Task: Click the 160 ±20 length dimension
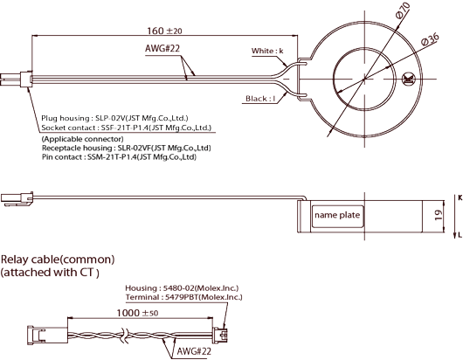coord(164,31)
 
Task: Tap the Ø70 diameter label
coord(403,10)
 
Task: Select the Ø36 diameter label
coord(430,39)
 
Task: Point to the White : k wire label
coord(267,51)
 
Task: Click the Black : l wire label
coord(260,99)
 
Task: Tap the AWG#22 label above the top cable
coord(162,48)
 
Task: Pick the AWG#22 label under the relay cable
coord(194,351)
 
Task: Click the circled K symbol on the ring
coord(409,80)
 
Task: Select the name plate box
coord(337,217)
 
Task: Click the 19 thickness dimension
coord(439,215)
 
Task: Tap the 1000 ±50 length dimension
coord(137,313)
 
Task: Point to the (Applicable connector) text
coord(83,139)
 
